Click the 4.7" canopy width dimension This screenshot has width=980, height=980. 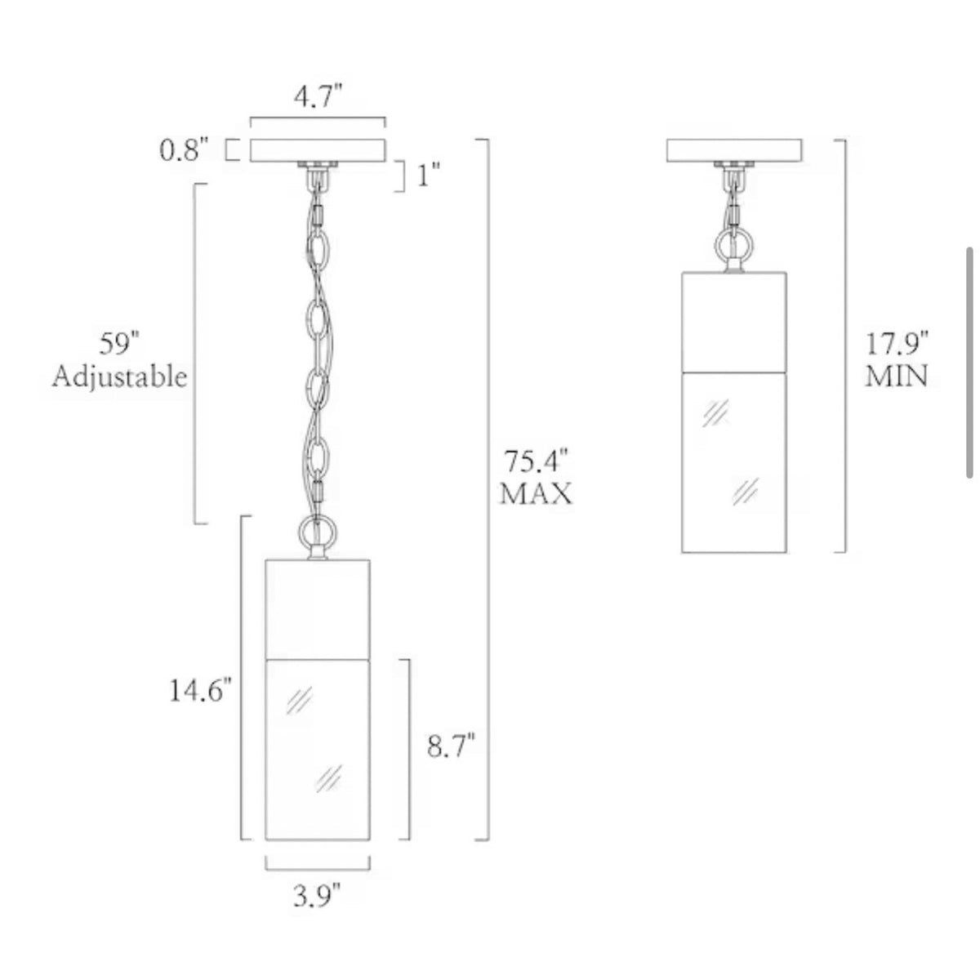coord(318,96)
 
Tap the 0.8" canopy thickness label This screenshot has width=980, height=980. coord(184,150)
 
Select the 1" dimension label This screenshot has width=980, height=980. coord(428,176)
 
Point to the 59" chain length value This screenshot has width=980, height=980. coord(119,344)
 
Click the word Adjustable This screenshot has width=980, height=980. coord(119,378)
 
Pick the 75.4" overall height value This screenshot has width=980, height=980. coord(536,461)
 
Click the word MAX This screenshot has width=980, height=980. coord(536,493)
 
